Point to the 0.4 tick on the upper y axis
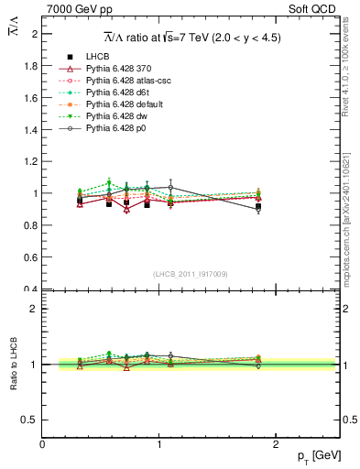click(31, 289)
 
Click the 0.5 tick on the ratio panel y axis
click(31, 420)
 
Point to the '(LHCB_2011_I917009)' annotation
click(191, 274)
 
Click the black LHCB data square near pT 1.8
click(258, 208)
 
